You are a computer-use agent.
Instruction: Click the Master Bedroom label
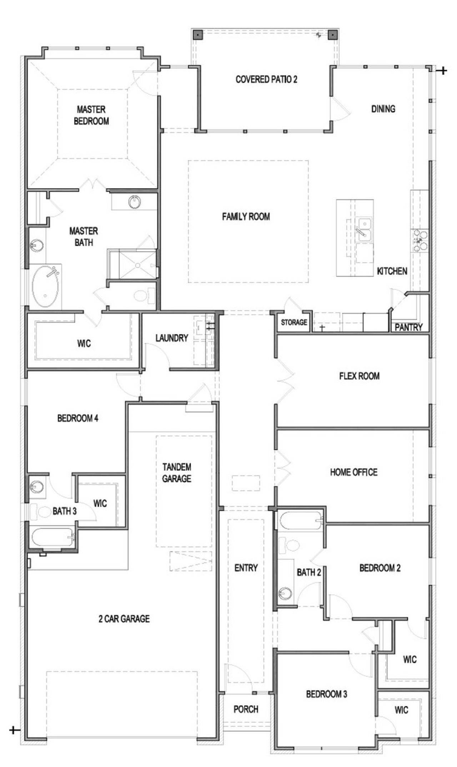(91, 115)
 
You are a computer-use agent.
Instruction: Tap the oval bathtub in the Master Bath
(45, 286)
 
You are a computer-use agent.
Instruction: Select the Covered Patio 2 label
(266, 79)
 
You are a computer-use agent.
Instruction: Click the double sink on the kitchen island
(365, 230)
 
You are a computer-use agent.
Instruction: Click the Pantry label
(408, 327)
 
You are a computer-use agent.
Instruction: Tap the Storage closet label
(293, 322)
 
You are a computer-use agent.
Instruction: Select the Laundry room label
(171, 338)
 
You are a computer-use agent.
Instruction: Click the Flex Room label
(359, 376)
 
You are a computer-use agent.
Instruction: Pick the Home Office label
(353, 472)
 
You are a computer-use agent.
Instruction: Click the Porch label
(246, 709)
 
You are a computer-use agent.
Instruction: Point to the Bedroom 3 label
(326, 694)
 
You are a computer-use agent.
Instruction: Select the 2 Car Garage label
(124, 618)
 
